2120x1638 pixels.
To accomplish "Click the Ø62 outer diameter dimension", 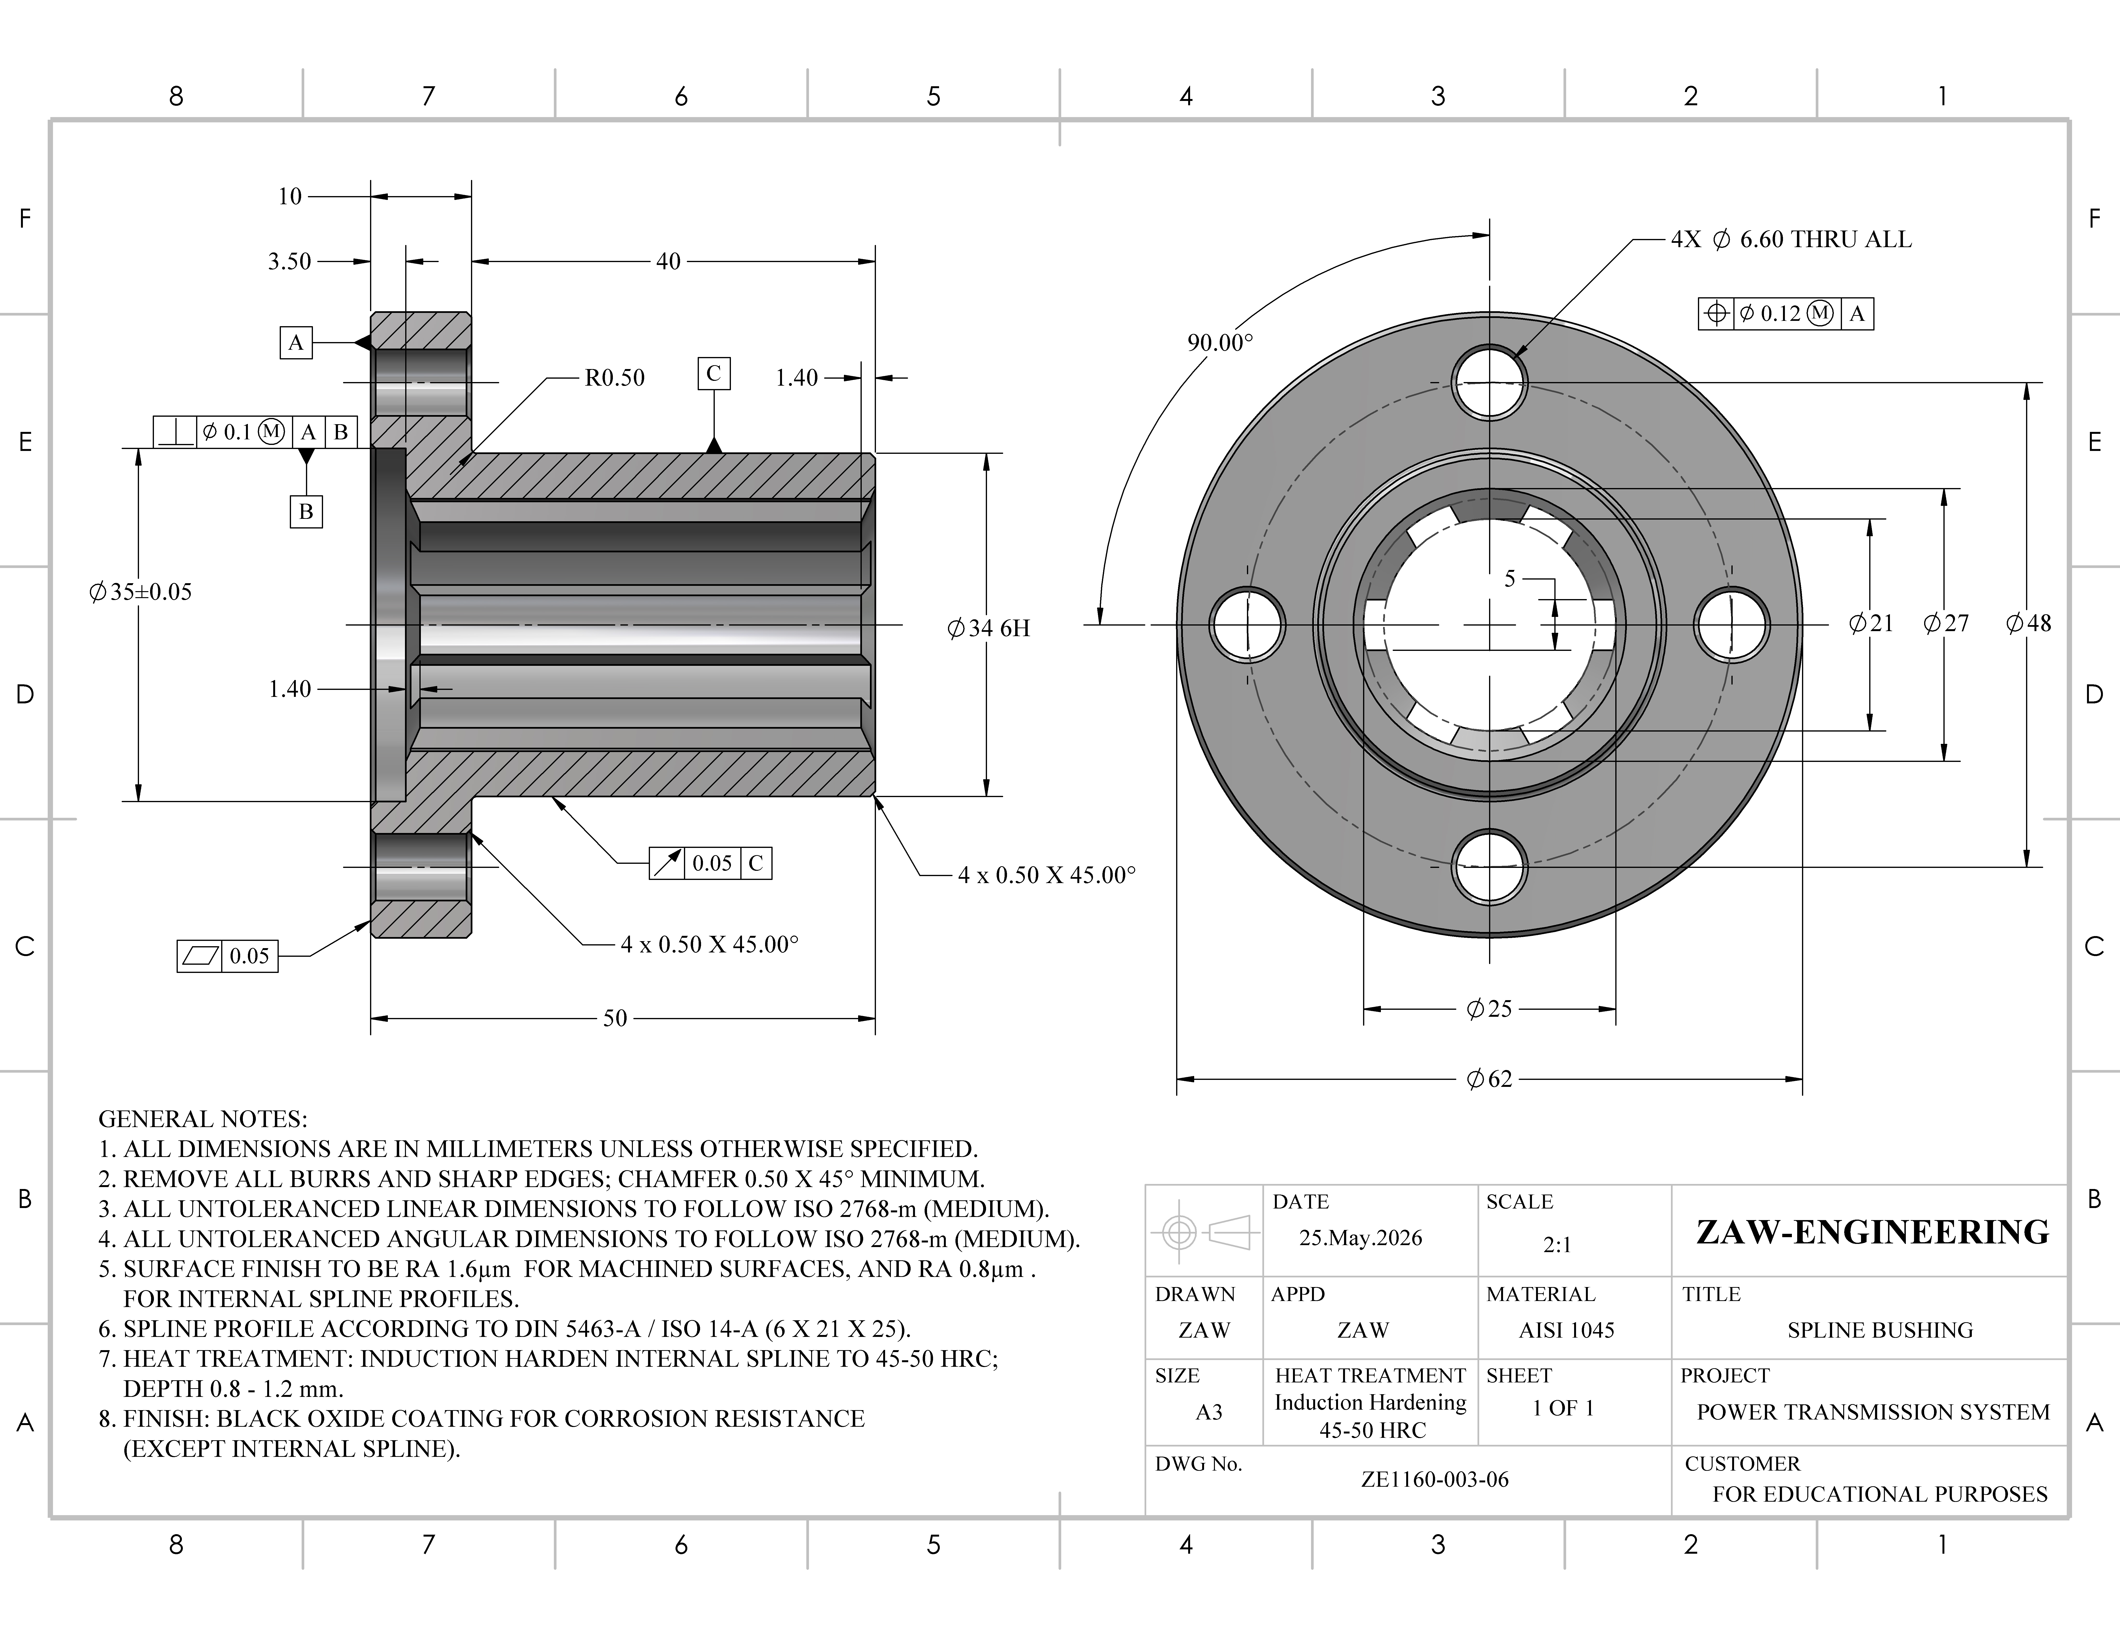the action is tap(1489, 1079).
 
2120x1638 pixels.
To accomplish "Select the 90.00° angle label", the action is tap(1220, 343).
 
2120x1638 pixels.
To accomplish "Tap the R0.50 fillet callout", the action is tap(615, 377).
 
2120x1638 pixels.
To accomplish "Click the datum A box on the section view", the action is tap(296, 343).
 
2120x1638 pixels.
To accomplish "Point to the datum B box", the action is tap(306, 511).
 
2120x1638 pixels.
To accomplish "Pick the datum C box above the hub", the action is tap(714, 374).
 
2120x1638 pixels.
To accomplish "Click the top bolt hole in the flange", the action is tap(1489, 381).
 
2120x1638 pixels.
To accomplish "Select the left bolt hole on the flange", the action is tap(1247, 625).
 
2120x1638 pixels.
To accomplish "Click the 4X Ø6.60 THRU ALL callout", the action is tap(1791, 240).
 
